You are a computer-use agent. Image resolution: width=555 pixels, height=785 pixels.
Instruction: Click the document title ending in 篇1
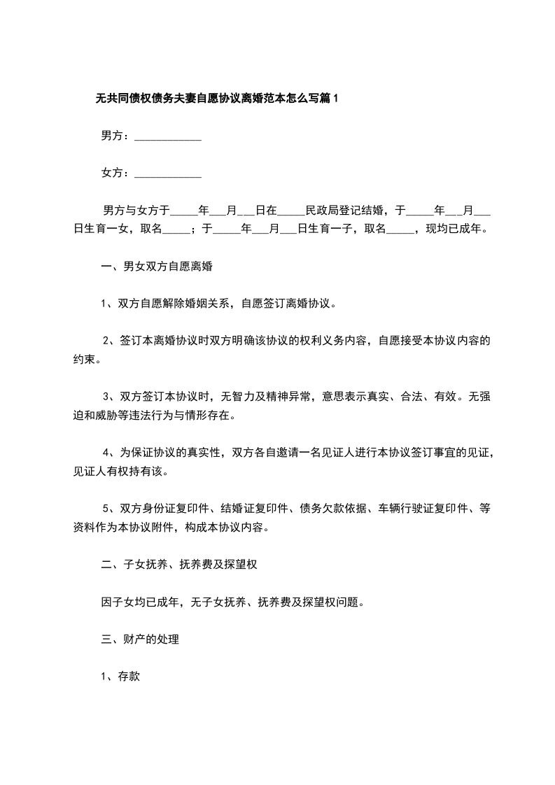[216, 99]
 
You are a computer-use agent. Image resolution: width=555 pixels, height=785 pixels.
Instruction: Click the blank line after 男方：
[167, 137]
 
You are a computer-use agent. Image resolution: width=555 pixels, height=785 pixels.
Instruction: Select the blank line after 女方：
[167, 174]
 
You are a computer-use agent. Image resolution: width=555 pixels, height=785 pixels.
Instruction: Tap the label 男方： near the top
[115, 136]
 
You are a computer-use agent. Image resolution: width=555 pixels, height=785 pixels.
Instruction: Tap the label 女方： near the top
[115, 172]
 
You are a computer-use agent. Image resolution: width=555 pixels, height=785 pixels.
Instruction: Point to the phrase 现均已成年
[454, 228]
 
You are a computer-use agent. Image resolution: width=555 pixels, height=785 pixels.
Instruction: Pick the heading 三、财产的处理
[140, 639]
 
